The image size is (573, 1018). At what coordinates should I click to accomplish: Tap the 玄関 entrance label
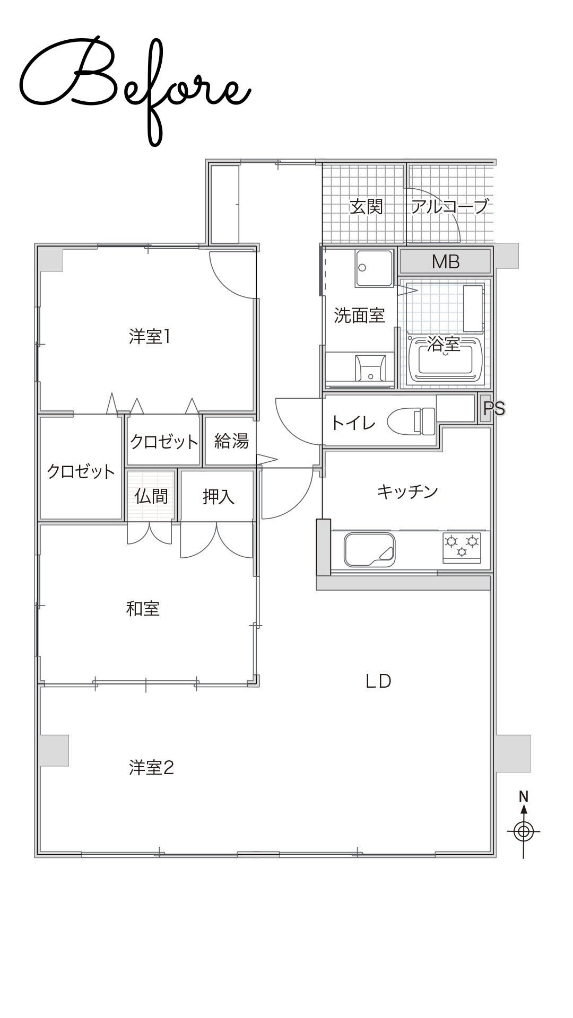[x=366, y=206]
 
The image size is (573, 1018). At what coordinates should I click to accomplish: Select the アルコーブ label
[x=449, y=206]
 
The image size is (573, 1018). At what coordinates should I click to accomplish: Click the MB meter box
[x=445, y=261]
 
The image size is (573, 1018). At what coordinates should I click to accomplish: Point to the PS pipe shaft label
[x=493, y=409]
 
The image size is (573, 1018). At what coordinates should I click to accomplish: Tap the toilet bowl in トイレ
[x=411, y=422]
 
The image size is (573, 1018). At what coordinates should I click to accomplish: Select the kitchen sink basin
[x=370, y=550]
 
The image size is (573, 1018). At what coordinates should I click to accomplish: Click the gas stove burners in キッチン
[x=462, y=547]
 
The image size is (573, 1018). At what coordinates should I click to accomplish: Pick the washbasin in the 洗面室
[x=370, y=367]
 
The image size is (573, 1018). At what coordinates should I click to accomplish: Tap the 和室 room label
[x=143, y=608]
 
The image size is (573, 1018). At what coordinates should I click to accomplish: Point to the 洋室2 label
[x=151, y=767]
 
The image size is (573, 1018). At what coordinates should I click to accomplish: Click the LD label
[x=378, y=681]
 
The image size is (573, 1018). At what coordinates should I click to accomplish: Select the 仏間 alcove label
[x=151, y=496]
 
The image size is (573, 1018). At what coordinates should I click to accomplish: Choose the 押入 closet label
[x=218, y=496]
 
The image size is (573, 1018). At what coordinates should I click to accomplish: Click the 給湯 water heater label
[x=231, y=441]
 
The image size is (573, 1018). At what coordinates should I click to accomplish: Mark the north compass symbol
[x=524, y=831]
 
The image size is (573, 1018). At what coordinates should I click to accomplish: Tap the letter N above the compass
[x=524, y=796]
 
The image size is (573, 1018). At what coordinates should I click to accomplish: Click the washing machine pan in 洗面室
[x=375, y=268]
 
